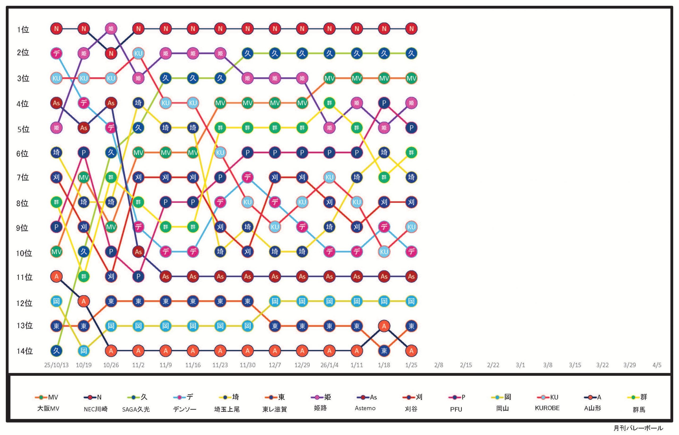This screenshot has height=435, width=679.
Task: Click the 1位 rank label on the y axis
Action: coord(23,30)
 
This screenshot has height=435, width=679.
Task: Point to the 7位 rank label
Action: coord(23,178)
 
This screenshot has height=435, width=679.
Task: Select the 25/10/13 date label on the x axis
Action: coord(56,365)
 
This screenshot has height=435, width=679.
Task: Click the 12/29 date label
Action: coord(302,365)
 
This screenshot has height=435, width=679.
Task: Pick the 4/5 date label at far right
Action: coord(657,365)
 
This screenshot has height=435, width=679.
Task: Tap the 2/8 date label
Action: coord(438,365)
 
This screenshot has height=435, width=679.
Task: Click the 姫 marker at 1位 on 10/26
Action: coord(111,28)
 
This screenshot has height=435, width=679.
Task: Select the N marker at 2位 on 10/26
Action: coord(111,53)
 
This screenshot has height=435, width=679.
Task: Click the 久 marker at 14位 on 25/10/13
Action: coord(56,351)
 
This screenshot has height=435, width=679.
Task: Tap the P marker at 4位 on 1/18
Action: coord(384,103)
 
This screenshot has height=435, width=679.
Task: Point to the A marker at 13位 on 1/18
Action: coord(384,326)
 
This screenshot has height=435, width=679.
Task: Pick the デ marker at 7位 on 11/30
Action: coord(247,178)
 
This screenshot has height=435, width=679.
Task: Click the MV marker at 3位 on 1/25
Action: coord(411,78)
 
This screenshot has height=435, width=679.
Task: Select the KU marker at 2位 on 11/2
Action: coord(138,53)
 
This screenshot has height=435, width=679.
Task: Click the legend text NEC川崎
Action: coord(95,409)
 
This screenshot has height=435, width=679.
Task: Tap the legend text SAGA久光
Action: coord(136,409)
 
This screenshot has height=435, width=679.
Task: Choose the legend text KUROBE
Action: coord(547,408)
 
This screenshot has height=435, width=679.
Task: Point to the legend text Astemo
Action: coord(365,408)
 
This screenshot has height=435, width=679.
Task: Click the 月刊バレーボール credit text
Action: coord(638,428)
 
